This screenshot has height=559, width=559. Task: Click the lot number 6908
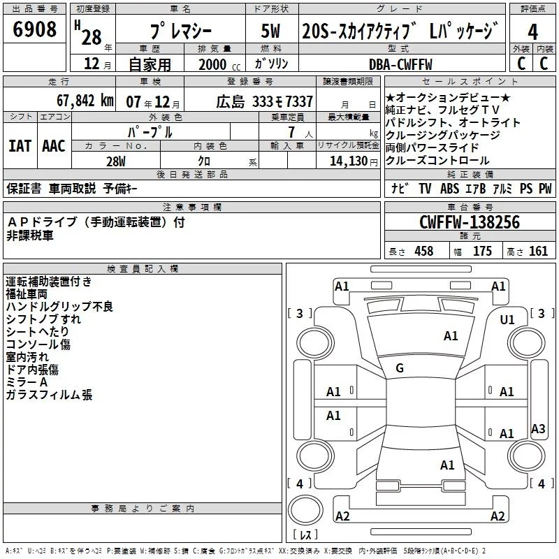point(34,29)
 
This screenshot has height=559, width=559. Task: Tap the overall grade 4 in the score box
point(532,32)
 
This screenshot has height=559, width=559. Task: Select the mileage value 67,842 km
point(85,101)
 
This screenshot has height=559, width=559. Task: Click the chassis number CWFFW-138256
point(470,222)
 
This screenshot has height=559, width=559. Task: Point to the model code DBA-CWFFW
point(400,64)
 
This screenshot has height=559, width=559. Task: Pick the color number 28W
point(116,161)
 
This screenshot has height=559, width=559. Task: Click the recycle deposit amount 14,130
point(349,161)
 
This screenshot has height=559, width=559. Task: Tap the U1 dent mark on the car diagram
point(507,320)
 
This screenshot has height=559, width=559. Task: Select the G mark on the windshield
point(400,368)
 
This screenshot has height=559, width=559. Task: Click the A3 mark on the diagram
point(538,428)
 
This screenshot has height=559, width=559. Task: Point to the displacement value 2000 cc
point(219,65)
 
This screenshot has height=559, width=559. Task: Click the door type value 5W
point(270,31)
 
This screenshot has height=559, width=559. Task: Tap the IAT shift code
point(20,146)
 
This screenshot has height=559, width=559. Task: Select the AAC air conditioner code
point(54,146)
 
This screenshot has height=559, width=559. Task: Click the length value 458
point(423,251)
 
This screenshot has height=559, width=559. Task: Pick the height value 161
point(538,251)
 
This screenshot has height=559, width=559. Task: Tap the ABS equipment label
point(449,188)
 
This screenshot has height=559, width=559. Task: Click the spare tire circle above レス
point(305,510)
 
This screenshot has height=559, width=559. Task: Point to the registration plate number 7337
point(299,101)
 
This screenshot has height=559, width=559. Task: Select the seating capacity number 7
point(291,132)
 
